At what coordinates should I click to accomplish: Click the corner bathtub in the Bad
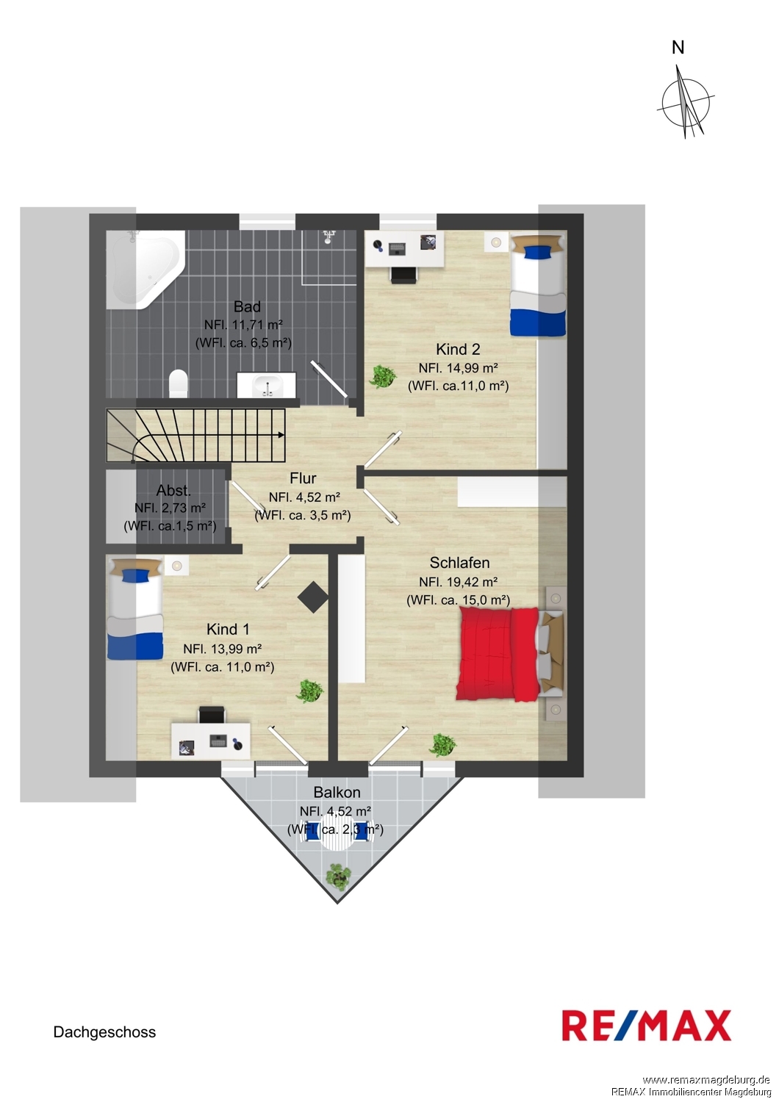[144, 269]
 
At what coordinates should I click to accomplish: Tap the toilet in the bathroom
[179, 383]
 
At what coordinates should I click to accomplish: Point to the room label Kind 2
[458, 349]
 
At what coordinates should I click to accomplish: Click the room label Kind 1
[228, 629]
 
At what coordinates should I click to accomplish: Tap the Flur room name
[303, 478]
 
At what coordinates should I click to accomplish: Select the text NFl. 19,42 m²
[458, 582]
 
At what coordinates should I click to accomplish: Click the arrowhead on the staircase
[281, 435]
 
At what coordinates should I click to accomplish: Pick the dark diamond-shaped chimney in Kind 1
[313, 597]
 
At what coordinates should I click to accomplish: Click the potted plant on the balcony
[339, 875]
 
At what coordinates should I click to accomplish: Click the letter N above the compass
[678, 48]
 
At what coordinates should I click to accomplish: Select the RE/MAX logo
[646, 1026]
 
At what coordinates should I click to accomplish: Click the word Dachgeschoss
[104, 1032]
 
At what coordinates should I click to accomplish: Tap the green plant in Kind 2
[382, 376]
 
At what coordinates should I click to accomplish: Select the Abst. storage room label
[173, 491]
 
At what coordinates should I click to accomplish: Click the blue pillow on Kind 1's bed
[134, 575]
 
